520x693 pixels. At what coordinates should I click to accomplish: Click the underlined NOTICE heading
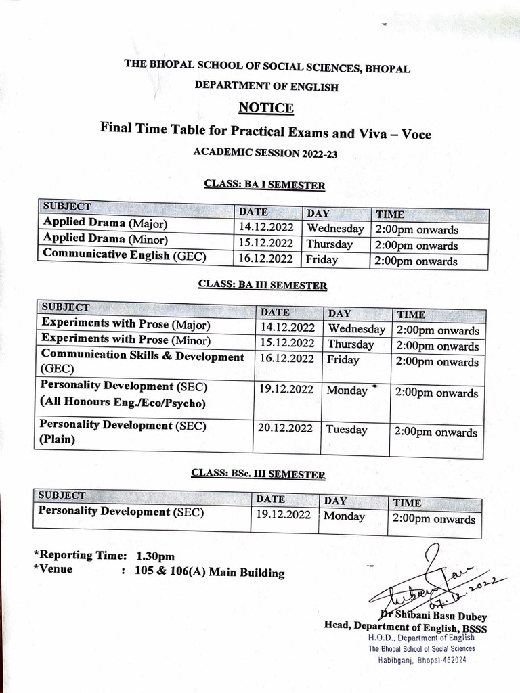coord(265,108)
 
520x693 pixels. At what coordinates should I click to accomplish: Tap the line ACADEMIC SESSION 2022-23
coord(265,154)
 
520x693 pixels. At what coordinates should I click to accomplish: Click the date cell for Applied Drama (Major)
coord(265,229)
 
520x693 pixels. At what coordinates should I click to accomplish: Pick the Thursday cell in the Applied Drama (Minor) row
coord(330,244)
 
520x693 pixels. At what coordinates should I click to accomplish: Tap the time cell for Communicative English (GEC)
coord(416,261)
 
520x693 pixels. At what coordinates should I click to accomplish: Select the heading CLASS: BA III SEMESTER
coord(263,286)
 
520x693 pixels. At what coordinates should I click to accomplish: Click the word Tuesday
coord(347,429)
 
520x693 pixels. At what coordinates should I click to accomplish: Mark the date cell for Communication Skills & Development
coord(286,359)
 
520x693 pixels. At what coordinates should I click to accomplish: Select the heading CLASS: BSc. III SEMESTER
coord(257,474)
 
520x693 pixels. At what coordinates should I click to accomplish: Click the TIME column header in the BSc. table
coord(408,503)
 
